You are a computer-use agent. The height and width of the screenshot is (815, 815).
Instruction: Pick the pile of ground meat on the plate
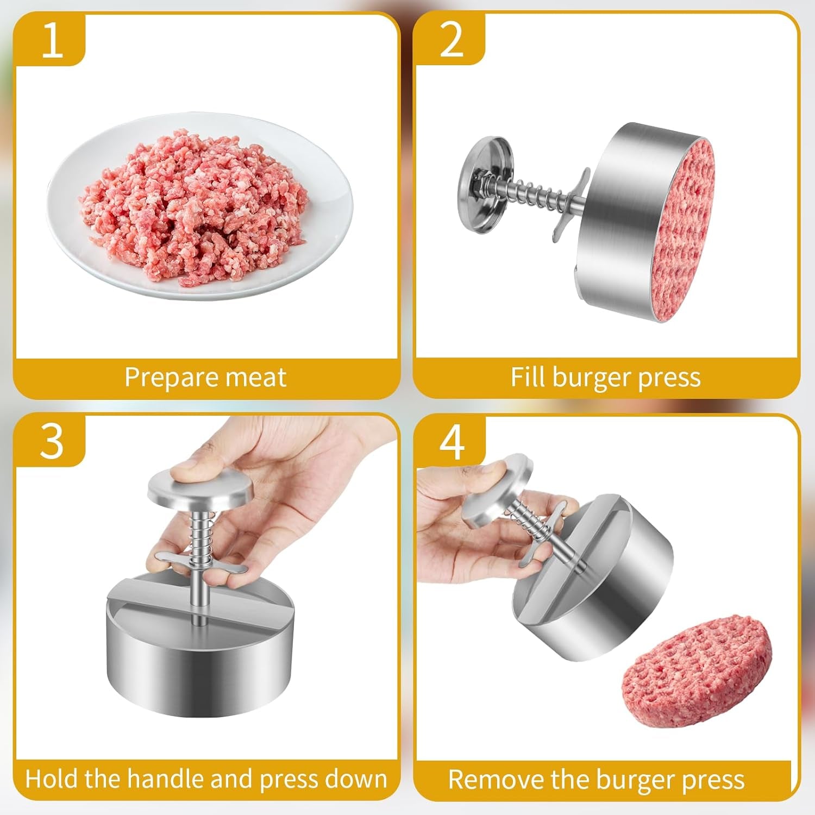point(193,206)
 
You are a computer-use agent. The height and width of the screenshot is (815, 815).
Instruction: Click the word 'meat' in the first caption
point(258,378)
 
